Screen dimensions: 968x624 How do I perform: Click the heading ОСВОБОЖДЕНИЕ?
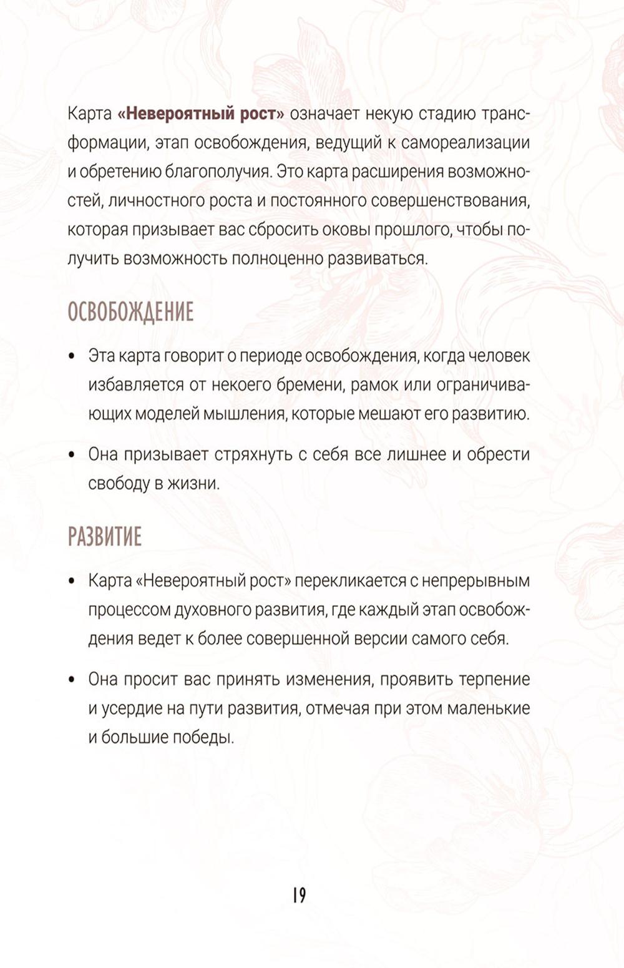click(130, 312)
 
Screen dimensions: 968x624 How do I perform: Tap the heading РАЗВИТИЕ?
click(105, 537)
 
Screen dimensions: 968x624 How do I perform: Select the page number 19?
click(299, 895)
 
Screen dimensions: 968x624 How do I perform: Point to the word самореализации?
click(466, 143)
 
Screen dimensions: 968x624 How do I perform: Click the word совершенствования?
click(451, 200)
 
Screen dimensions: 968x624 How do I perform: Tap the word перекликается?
click(350, 581)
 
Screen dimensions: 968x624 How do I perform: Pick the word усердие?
click(132, 709)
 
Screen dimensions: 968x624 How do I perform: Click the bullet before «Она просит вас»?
click(73, 680)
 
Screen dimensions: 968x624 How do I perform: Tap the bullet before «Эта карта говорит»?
click(73, 356)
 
